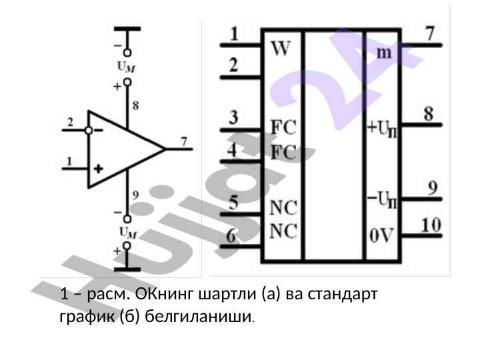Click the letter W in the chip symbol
click(x=281, y=50)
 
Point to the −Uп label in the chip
click(x=384, y=198)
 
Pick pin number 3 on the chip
click(x=233, y=118)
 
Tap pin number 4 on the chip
click(x=232, y=150)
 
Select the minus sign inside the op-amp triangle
click(x=99, y=131)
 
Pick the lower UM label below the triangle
click(x=127, y=232)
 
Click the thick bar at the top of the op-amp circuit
click(x=127, y=29)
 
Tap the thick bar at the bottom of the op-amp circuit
click(x=127, y=269)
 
